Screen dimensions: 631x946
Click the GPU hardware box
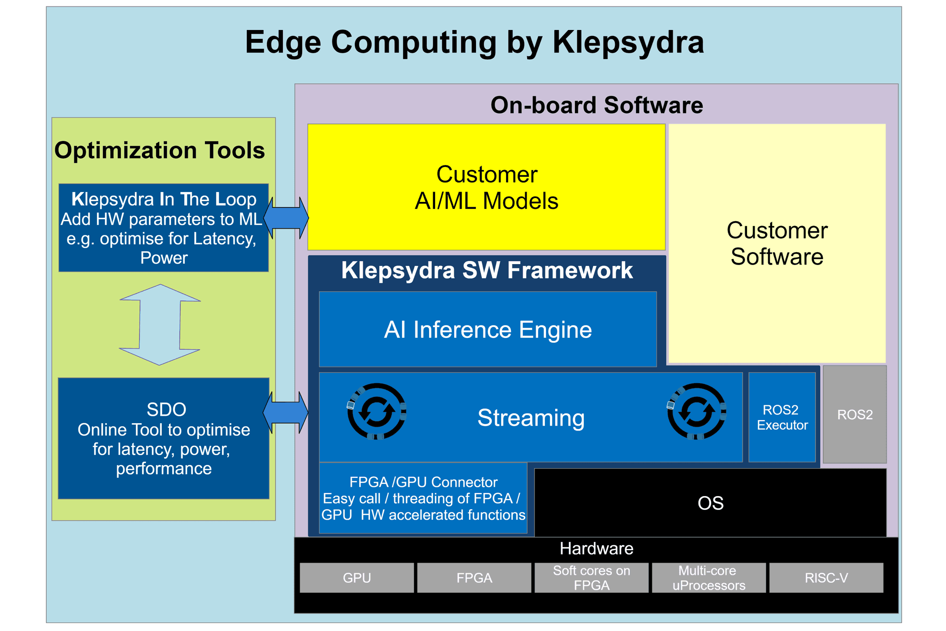pyautogui.click(x=357, y=578)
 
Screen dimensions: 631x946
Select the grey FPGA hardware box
pyautogui.click(x=474, y=578)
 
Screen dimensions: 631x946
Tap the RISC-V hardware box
pyautogui.click(x=826, y=578)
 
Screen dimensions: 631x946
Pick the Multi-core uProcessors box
pyautogui.click(x=709, y=578)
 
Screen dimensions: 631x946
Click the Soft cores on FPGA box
pyautogui.click(x=591, y=578)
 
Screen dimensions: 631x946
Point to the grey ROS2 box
pyautogui.click(x=855, y=414)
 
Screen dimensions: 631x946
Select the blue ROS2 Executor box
pyautogui.click(x=782, y=417)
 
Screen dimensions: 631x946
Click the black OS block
pyautogui.click(x=710, y=503)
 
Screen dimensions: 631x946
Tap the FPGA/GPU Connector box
pyautogui.click(x=423, y=498)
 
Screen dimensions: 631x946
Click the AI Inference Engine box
pyautogui.click(x=488, y=330)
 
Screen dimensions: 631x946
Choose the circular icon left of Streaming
pyautogui.click(x=377, y=411)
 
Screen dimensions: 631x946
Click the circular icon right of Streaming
pyautogui.click(x=697, y=411)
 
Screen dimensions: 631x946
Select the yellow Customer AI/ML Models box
pyautogui.click(x=486, y=187)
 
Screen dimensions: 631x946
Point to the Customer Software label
pyautogui.click(x=777, y=244)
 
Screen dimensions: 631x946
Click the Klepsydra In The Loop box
pyautogui.click(x=164, y=228)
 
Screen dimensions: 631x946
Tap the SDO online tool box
pyautogui.click(x=164, y=438)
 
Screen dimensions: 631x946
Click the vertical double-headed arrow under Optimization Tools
pyautogui.click(x=160, y=325)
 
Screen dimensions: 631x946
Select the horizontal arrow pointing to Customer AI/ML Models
pyautogui.click(x=286, y=218)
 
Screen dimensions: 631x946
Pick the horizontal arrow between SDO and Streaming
pyautogui.click(x=286, y=412)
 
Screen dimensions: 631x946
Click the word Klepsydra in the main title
pyautogui.click(x=628, y=42)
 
